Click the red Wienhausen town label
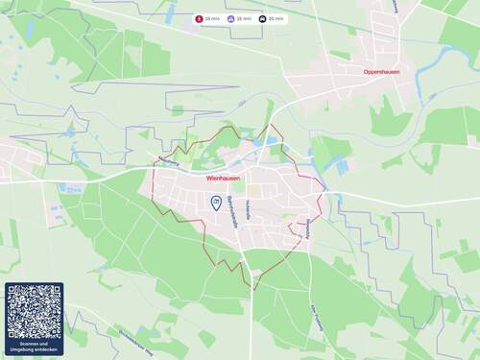tap(224, 178)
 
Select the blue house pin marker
tap(216, 203)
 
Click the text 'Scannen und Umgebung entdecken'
tap(34, 346)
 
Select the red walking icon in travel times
tap(200, 18)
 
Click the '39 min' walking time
tap(212, 18)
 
